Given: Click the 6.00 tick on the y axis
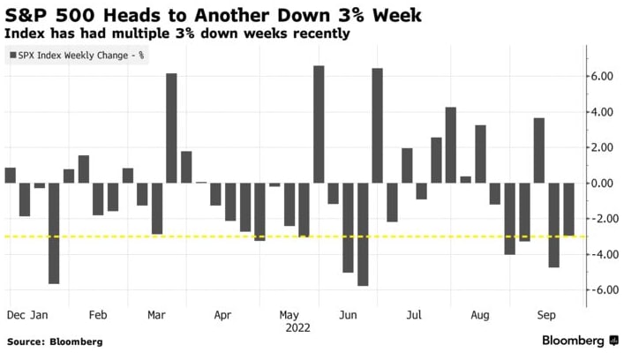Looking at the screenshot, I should click(604, 77).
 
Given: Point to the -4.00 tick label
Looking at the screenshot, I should click(603, 254).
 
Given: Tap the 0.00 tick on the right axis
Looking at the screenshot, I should click(604, 184).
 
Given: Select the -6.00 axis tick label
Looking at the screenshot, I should click(603, 289).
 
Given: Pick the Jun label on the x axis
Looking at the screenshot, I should click(347, 313).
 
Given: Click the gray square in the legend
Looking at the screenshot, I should click(12, 56).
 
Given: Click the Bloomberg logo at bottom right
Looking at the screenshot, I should click(575, 341).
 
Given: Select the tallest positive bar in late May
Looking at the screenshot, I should click(319, 124).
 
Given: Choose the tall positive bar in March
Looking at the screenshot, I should click(171, 128).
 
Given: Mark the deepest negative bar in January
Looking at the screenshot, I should click(54, 233).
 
